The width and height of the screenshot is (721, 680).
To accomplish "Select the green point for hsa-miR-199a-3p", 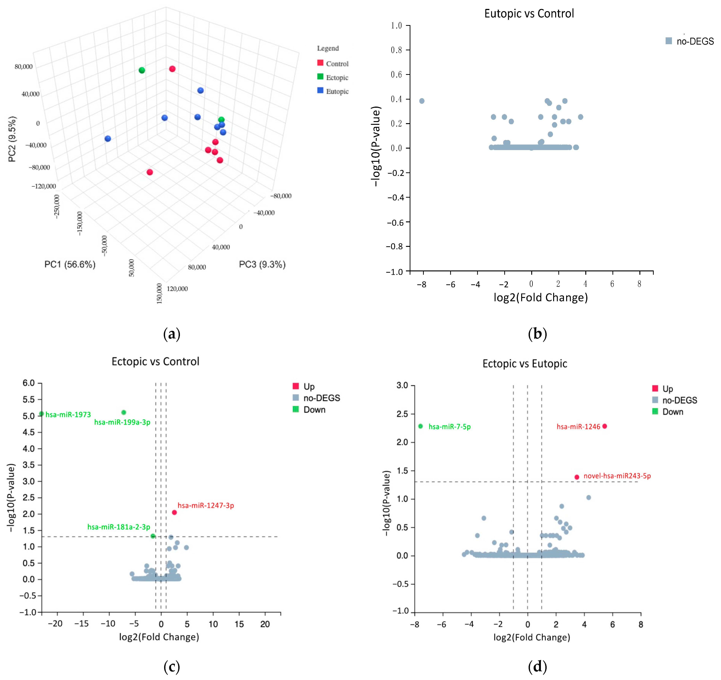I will click(x=124, y=412).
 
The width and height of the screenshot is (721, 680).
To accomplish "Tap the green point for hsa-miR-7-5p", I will click(x=420, y=426).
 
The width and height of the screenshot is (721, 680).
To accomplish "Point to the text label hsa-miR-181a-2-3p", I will click(x=119, y=527).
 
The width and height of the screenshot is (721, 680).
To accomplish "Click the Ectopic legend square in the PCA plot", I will click(x=320, y=77).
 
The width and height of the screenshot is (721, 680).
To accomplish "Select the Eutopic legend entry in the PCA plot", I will click(x=337, y=91).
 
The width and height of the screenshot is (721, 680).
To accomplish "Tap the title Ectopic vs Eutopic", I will click(x=524, y=363).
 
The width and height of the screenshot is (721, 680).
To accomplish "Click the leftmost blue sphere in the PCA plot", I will click(x=108, y=138).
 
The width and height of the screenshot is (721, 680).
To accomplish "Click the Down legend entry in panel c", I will click(x=314, y=410).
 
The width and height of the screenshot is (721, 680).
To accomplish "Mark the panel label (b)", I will click(x=537, y=333).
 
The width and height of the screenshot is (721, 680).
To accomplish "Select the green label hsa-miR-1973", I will click(x=68, y=414).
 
